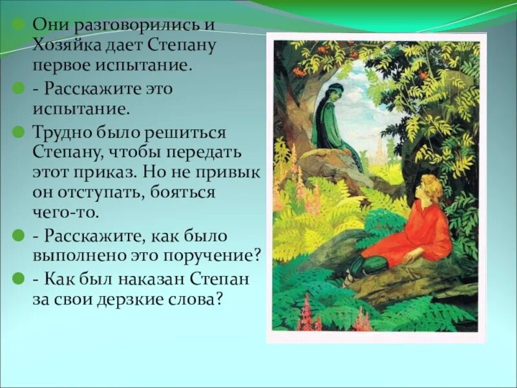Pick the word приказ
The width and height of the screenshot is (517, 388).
tap(114, 173)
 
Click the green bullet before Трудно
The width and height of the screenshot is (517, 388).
tap(19, 131)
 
